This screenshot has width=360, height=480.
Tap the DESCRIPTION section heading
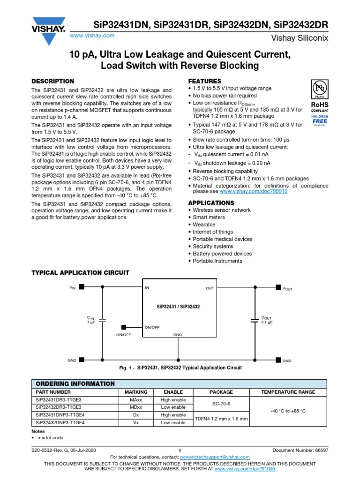[x=52, y=81]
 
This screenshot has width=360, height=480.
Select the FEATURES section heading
[x=204, y=81]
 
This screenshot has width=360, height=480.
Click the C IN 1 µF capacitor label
[x=90, y=320]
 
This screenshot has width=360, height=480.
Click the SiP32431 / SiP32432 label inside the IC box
[x=178, y=306]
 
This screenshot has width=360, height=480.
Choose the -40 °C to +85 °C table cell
[x=288, y=411]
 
